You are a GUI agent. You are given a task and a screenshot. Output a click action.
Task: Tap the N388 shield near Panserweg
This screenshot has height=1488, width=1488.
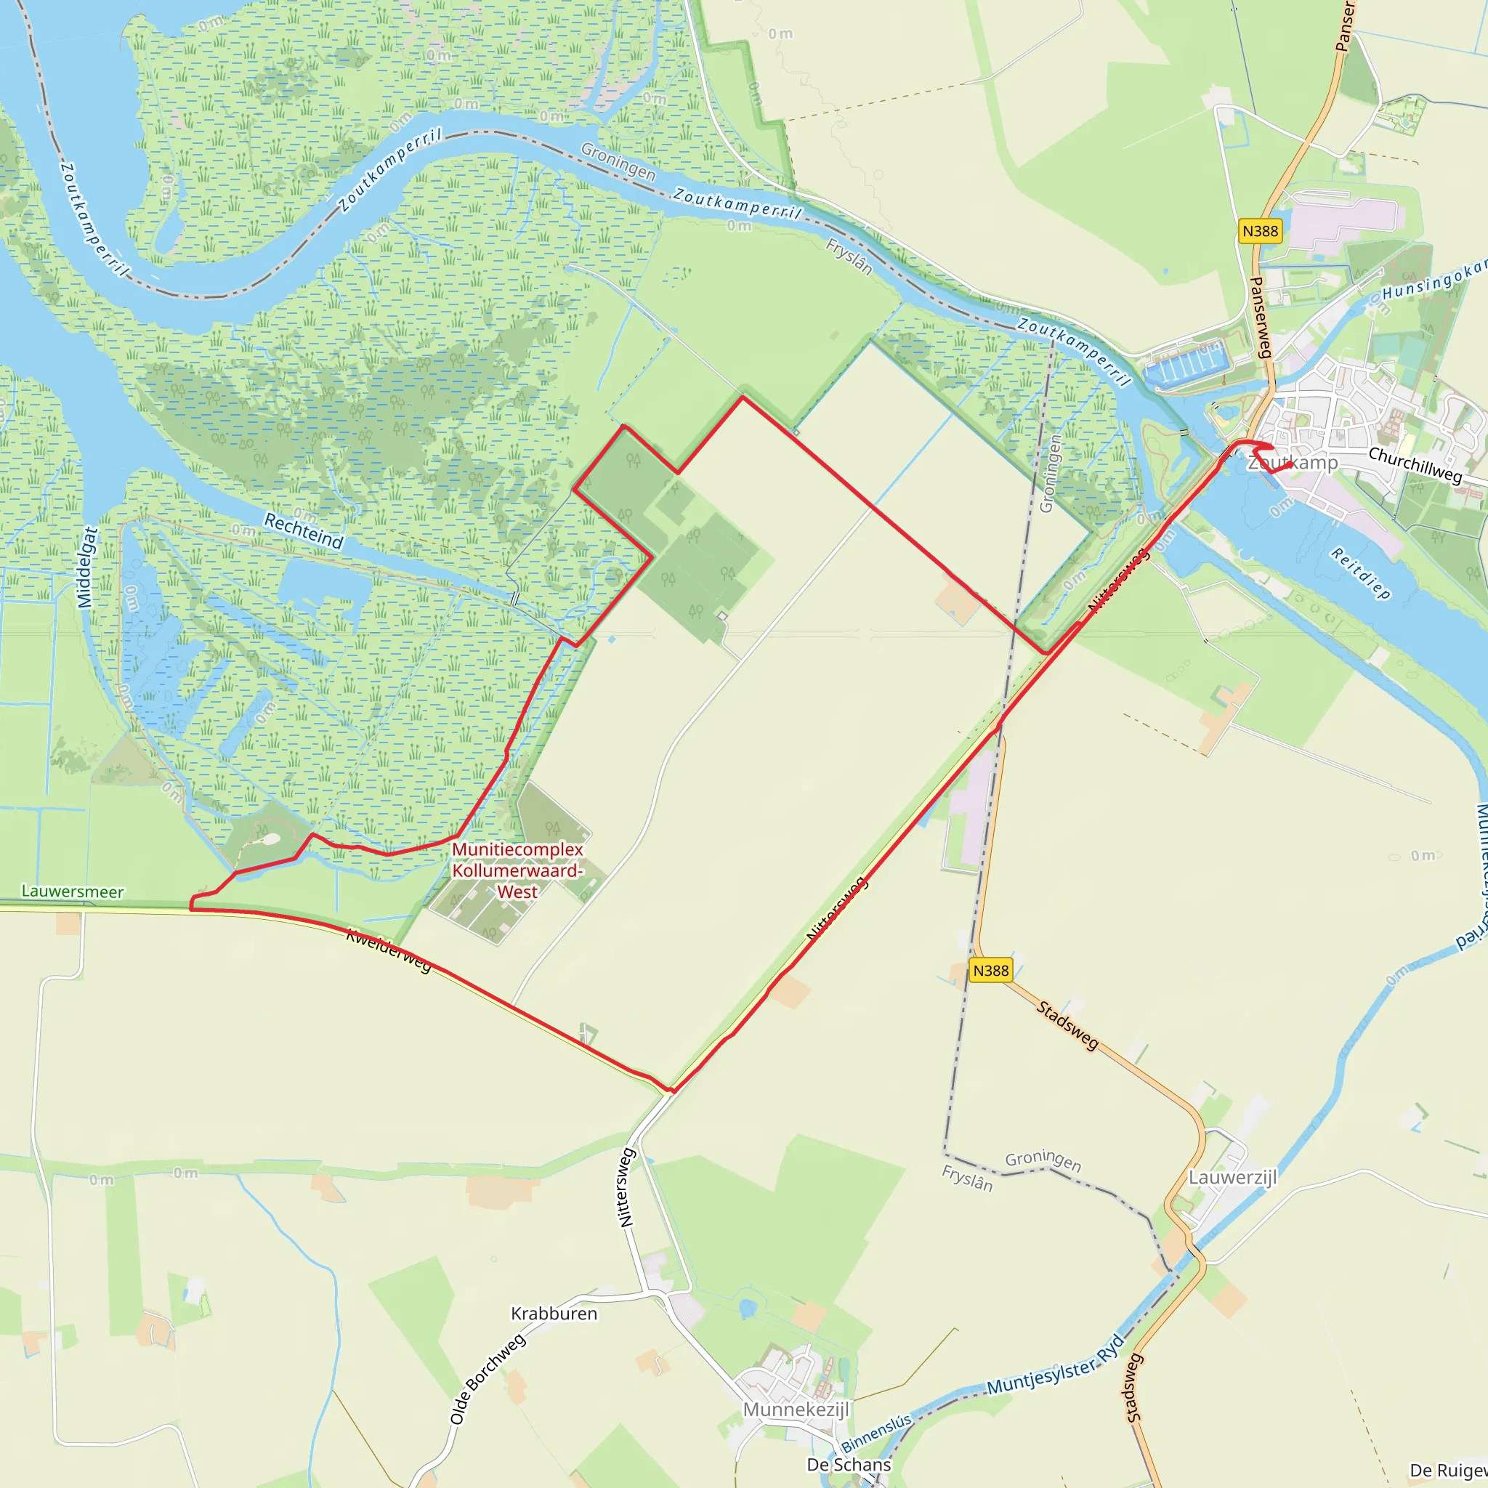pos(1260,231)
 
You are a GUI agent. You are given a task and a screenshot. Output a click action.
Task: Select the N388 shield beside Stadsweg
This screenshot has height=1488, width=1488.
pos(990,971)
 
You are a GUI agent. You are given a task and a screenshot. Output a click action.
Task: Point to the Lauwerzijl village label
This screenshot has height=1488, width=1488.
pos(1232,1178)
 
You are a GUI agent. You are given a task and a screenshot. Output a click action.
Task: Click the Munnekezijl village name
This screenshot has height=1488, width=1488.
pos(796,1410)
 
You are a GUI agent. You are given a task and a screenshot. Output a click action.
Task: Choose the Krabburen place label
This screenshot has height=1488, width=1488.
pos(554,1314)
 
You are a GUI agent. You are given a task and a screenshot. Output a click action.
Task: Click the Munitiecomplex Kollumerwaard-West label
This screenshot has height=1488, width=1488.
pos(517,870)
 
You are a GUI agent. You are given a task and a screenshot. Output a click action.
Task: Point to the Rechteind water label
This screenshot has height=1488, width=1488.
pos(304,531)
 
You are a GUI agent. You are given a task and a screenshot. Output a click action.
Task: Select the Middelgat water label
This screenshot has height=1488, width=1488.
pos(88,567)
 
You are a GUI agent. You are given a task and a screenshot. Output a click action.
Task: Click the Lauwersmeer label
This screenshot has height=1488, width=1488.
pos(73,892)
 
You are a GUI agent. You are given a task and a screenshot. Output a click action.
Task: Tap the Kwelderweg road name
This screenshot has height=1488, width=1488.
pos(389,950)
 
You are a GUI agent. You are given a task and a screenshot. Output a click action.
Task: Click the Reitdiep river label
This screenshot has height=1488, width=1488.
pos(1361,574)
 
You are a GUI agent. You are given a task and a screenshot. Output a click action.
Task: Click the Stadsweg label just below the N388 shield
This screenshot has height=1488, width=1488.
pos(1067,1025)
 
